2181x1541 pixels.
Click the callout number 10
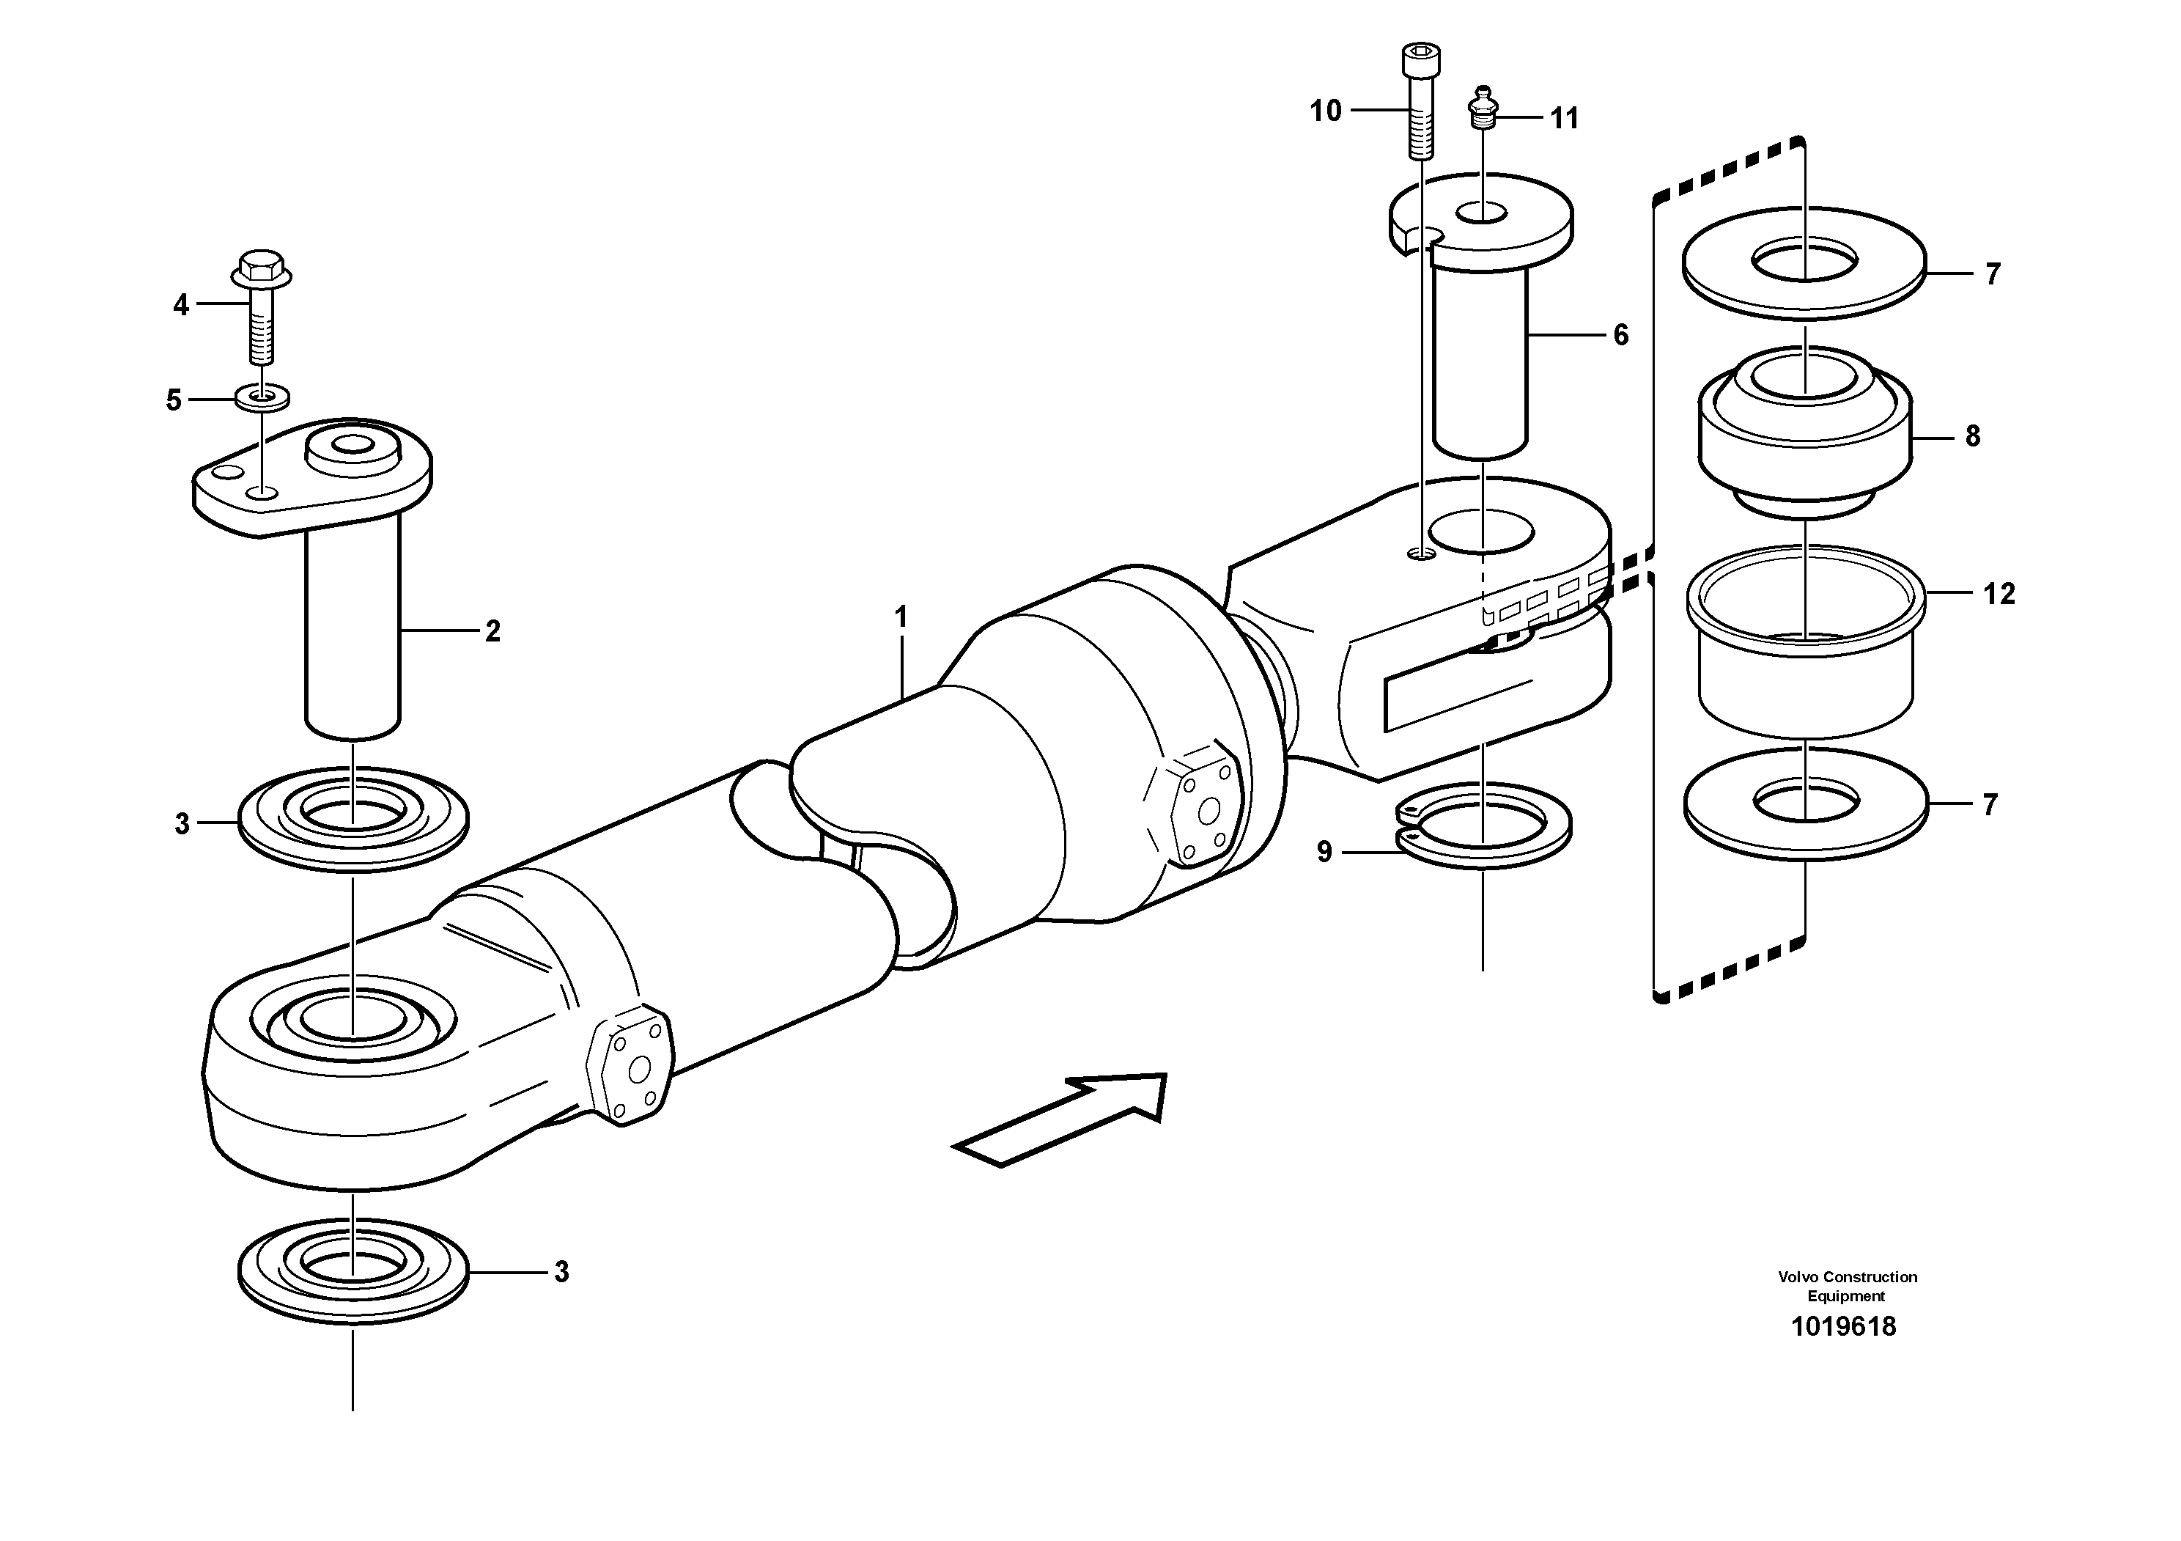coord(1325,111)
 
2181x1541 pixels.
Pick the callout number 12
coord(1999,594)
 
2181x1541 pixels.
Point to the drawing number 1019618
coord(1843,1327)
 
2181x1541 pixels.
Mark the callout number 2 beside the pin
coord(492,630)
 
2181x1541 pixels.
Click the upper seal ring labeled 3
coord(353,820)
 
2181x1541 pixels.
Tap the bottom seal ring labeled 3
coord(353,1271)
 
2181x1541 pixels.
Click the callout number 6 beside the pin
coord(1620,334)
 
